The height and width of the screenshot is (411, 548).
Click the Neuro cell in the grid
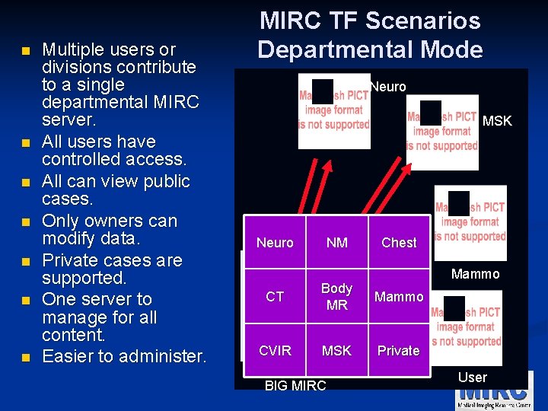tap(275, 243)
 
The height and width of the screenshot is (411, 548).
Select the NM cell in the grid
tap(336, 243)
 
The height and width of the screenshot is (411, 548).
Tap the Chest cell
tap(399, 243)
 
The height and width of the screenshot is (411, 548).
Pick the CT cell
tap(275, 297)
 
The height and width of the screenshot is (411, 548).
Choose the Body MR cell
tap(336, 297)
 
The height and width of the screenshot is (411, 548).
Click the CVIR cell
tap(275, 351)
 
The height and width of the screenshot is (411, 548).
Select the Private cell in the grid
tap(399, 351)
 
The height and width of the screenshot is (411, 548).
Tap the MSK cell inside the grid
tap(336, 351)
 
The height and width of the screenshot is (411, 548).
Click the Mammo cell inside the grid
tap(399, 297)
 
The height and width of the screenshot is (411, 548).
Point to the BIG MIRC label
tap(295, 386)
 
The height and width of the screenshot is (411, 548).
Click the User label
tap(473, 377)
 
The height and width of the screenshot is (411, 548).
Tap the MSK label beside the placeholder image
tap(498, 121)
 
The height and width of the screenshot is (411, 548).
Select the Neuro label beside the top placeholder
tap(388, 87)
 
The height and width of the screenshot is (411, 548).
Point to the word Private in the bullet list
tap(74, 260)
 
